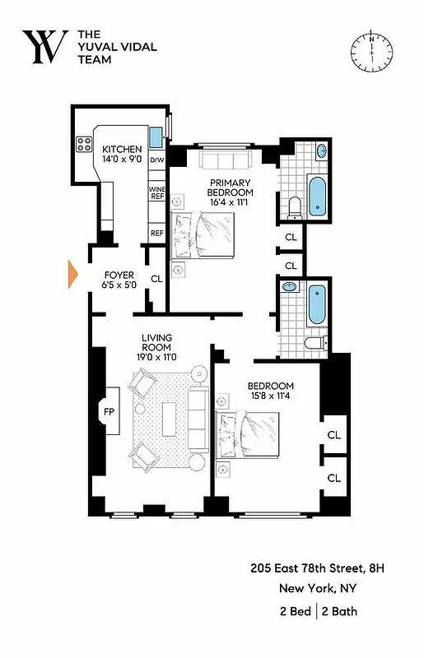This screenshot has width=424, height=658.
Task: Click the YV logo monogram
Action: [x=45, y=47]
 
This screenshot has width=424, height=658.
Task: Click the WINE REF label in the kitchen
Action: [x=157, y=195]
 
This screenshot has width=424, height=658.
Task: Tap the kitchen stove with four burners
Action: [x=85, y=144]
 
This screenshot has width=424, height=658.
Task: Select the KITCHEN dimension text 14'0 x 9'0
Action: [x=122, y=160]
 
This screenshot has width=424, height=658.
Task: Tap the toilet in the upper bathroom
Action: [x=294, y=207]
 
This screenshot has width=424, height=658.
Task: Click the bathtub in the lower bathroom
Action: [x=317, y=305]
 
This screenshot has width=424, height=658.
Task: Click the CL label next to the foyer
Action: [x=156, y=279]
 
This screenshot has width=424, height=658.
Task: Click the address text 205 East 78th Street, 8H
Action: [x=318, y=568]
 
